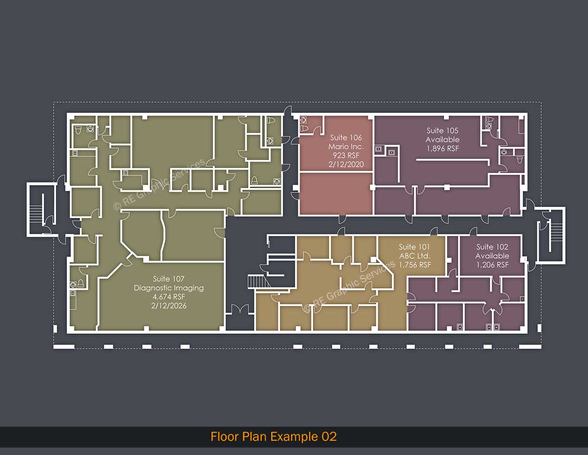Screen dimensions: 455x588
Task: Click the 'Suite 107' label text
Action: [168, 279]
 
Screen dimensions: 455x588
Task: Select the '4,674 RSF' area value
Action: [168, 297]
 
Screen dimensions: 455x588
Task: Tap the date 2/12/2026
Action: [168, 306]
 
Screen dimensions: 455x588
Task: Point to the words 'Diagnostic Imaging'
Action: [168, 288]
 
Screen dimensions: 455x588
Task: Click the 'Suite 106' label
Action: [346, 138]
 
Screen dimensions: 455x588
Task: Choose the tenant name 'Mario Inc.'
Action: [346, 147]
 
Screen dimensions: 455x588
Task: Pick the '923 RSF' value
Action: [346, 155]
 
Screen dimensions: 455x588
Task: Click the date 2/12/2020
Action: [346, 164]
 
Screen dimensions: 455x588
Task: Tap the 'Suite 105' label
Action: [442, 130]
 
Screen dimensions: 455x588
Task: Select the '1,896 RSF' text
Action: [442, 149]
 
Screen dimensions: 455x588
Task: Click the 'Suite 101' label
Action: [414, 247]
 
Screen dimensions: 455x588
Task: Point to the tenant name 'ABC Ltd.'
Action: [414, 256]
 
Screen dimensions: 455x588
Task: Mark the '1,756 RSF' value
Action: [414, 265]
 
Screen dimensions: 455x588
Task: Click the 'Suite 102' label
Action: [492, 247]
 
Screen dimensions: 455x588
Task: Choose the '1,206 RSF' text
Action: [492, 265]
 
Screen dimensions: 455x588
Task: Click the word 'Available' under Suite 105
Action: [442, 139]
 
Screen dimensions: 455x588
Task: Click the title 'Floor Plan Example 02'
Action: [273, 436]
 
